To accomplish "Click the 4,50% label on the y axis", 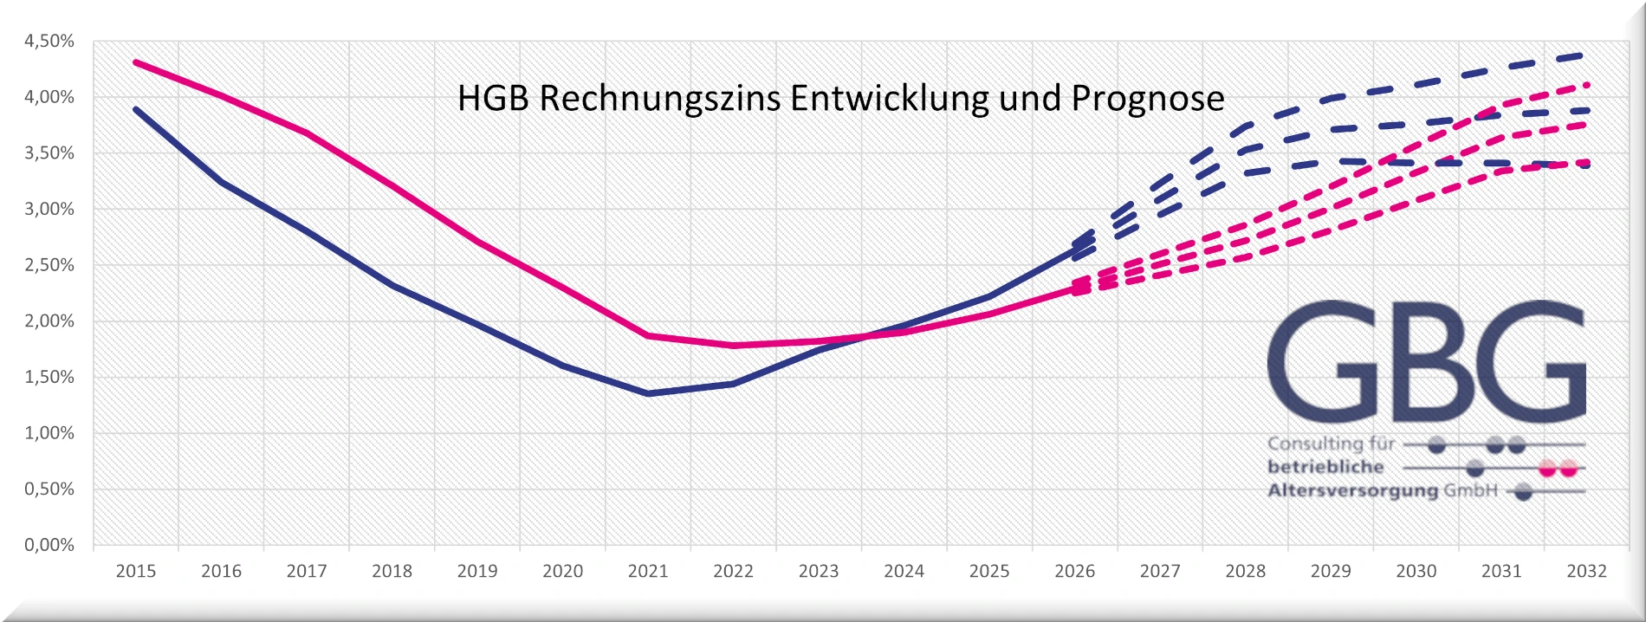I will pyautogui.click(x=49, y=42).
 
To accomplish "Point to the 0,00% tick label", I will pyautogui.click(x=49, y=545).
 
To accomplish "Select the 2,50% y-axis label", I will pyautogui.click(x=49, y=265).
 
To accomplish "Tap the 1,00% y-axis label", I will pyautogui.click(x=49, y=433).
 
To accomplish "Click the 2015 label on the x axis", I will pyautogui.click(x=136, y=572).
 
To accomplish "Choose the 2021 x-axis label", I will pyautogui.click(x=648, y=572).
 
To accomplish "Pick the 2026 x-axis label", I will pyautogui.click(x=1074, y=572).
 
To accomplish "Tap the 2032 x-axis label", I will pyautogui.click(x=1586, y=572).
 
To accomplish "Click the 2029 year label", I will pyautogui.click(x=1331, y=572).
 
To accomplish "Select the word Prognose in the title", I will pyautogui.click(x=1147, y=99).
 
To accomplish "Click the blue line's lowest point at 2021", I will pyautogui.click(x=649, y=394).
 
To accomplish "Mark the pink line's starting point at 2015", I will pyautogui.click(x=136, y=62).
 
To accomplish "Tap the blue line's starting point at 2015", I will pyautogui.click(x=136, y=109).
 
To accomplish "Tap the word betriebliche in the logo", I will pyautogui.click(x=1325, y=467).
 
